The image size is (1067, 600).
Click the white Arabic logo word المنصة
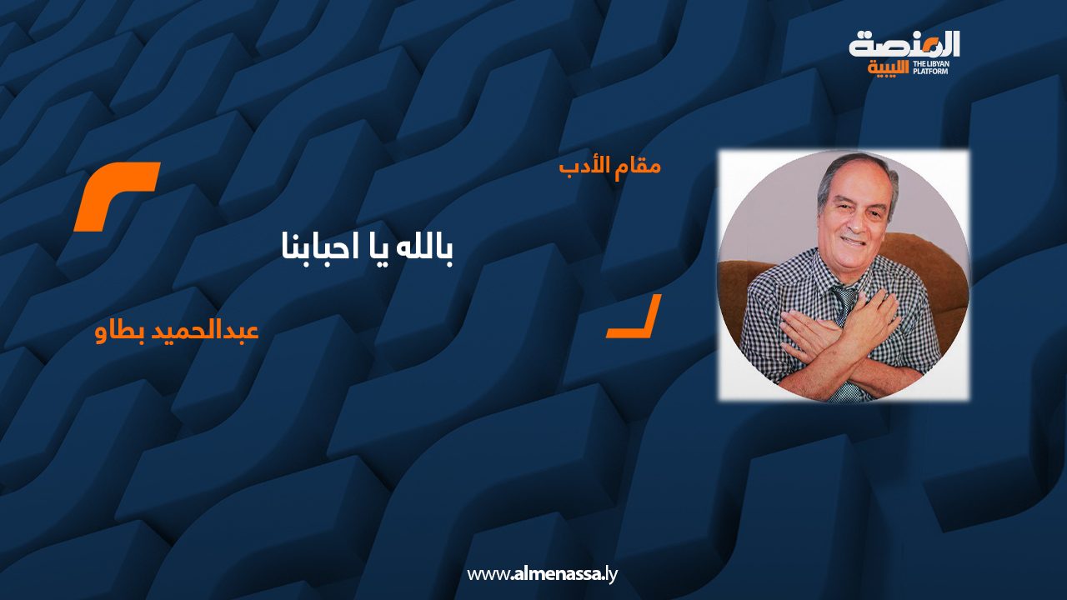[904, 45]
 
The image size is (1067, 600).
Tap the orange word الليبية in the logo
[888, 68]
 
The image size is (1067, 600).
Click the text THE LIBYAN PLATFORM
[931, 67]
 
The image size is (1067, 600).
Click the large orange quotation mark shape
[117, 196]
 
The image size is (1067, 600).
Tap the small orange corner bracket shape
[634, 316]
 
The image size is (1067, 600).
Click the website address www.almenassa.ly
[542, 574]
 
